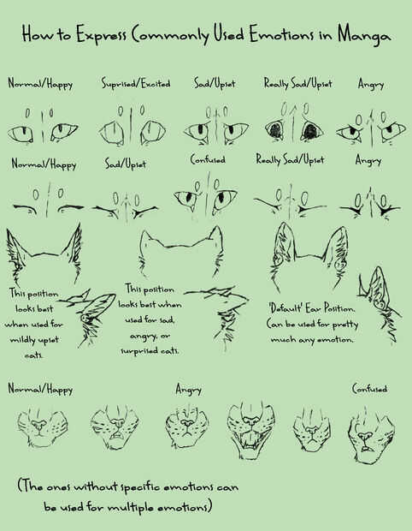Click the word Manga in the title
pos(364,36)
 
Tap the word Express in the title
pos(101,35)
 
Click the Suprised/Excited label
pos(136,83)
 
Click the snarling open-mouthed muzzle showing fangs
pos(250,429)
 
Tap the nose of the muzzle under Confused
pos(364,436)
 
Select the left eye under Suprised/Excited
pos(111,133)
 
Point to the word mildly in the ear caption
pos(21,340)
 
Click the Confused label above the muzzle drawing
pos(369,389)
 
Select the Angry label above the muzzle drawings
pos(188,390)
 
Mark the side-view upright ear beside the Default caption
pos(380,304)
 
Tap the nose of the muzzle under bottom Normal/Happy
pos(38,424)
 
